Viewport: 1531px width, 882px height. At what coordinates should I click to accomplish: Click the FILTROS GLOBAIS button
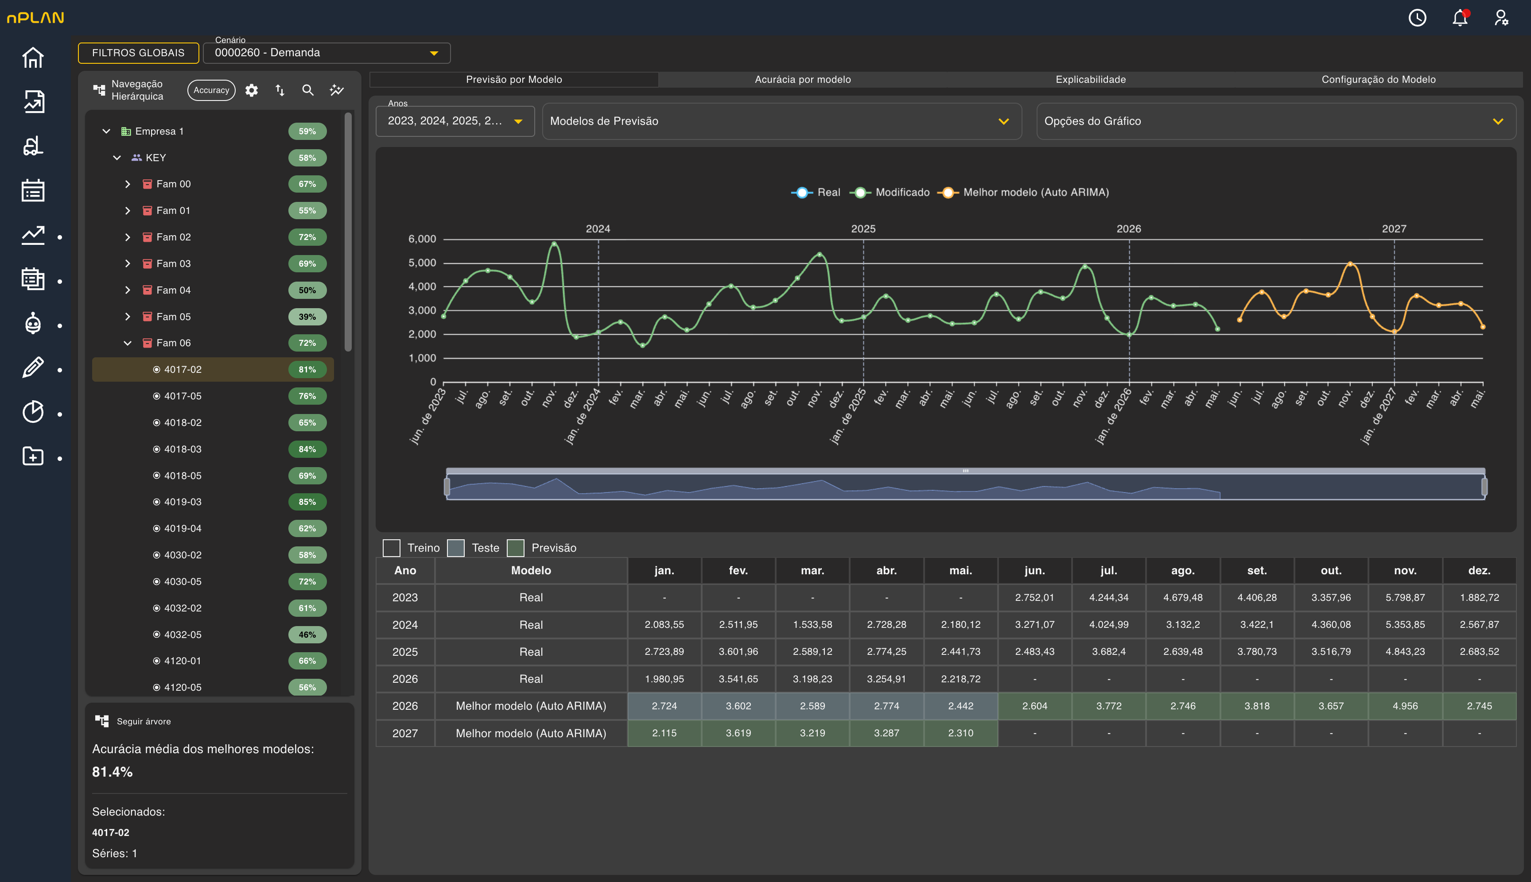point(138,53)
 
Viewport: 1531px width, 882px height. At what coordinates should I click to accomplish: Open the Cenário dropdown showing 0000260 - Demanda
point(326,53)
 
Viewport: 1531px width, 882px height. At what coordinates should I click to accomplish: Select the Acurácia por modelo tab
point(802,79)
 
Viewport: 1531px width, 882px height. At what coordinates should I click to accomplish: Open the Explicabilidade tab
point(1090,79)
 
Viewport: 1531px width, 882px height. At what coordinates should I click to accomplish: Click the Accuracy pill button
point(211,90)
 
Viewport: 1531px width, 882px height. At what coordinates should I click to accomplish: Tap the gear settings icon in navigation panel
point(252,90)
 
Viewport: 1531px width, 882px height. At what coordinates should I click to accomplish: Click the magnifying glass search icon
point(308,90)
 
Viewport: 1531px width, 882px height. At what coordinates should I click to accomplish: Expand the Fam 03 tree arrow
point(127,263)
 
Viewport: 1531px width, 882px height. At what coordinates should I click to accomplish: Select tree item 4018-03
point(183,449)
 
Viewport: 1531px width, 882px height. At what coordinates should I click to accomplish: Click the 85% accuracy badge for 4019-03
point(307,502)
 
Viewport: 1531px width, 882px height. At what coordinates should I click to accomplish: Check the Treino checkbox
point(392,548)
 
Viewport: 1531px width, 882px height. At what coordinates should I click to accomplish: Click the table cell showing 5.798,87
point(1405,597)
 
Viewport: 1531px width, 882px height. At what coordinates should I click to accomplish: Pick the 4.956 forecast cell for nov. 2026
point(1405,706)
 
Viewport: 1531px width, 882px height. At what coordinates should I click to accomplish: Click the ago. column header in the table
point(1182,570)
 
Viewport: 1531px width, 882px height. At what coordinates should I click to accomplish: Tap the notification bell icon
point(1460,18)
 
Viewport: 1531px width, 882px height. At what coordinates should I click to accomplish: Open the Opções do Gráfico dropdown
point(1276,121)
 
